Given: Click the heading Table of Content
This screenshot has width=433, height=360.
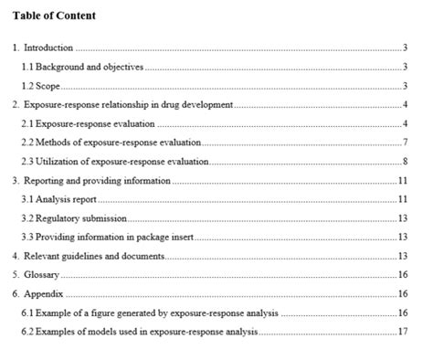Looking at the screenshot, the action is tap(54, 16).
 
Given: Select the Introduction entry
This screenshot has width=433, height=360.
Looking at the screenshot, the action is tap(48, 48).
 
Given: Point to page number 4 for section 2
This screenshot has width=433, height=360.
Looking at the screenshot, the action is tap(404, 105).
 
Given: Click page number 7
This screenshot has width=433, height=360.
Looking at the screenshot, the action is tap(404, 143).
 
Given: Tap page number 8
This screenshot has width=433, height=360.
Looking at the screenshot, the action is tap(404, 162).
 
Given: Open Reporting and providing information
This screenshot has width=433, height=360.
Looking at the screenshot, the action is tap(96, 181).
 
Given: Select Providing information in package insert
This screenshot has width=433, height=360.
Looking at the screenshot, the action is tap(113, 238).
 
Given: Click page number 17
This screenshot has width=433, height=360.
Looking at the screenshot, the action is tap(403, 332).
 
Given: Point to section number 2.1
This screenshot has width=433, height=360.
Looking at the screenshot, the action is tap(26, 124).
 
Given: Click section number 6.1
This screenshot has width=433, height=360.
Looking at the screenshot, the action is tap(26, 313).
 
